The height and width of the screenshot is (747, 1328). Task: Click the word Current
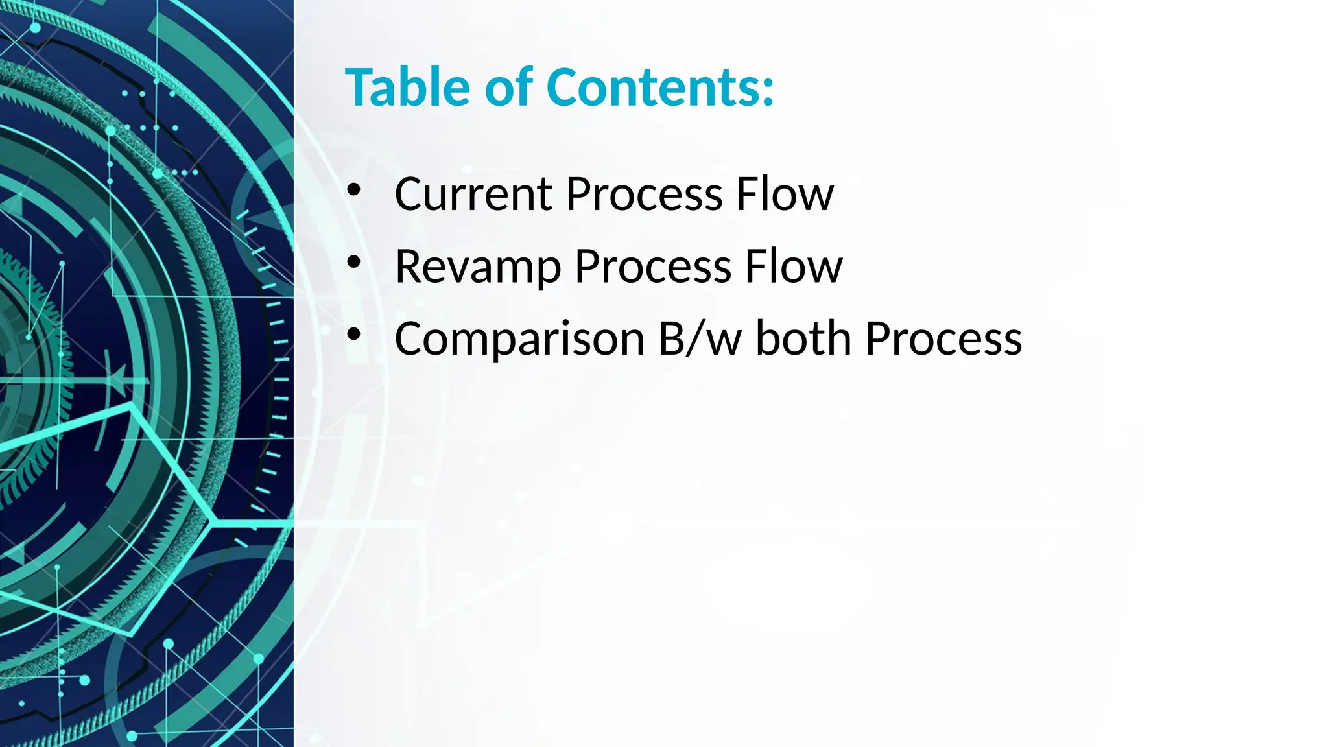coord(473,194)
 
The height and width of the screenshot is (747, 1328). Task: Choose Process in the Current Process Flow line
coord(644,194)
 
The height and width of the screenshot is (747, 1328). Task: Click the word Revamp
coord(477,267)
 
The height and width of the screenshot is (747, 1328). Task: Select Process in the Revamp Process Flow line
coord(652,267)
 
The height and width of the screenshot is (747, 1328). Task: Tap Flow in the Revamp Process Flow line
coord(793,267)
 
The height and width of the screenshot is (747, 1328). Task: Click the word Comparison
coord(519,338)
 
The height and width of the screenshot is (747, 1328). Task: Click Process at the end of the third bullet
coord(943,338)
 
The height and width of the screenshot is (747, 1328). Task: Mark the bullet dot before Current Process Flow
coord(353,190)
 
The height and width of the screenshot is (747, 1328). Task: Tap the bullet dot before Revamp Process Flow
coord(353,263)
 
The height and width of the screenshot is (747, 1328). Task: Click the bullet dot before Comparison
coord(353,335)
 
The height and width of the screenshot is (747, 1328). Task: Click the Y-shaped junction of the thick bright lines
coord(213,521)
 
